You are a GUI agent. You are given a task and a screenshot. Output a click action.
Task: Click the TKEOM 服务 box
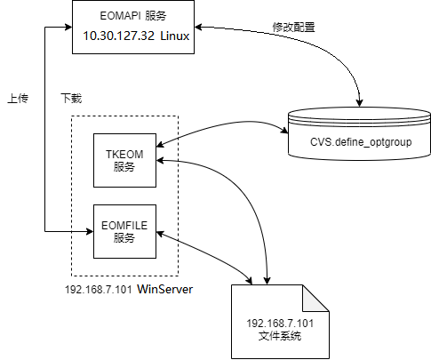[x=124, y=160]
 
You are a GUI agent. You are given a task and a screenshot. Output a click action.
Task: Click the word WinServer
[x=166, y=290]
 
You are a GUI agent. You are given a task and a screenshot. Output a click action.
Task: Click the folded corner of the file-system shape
[x=318, y=296]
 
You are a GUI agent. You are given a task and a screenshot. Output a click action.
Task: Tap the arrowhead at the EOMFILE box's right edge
[x=160, y=233]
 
